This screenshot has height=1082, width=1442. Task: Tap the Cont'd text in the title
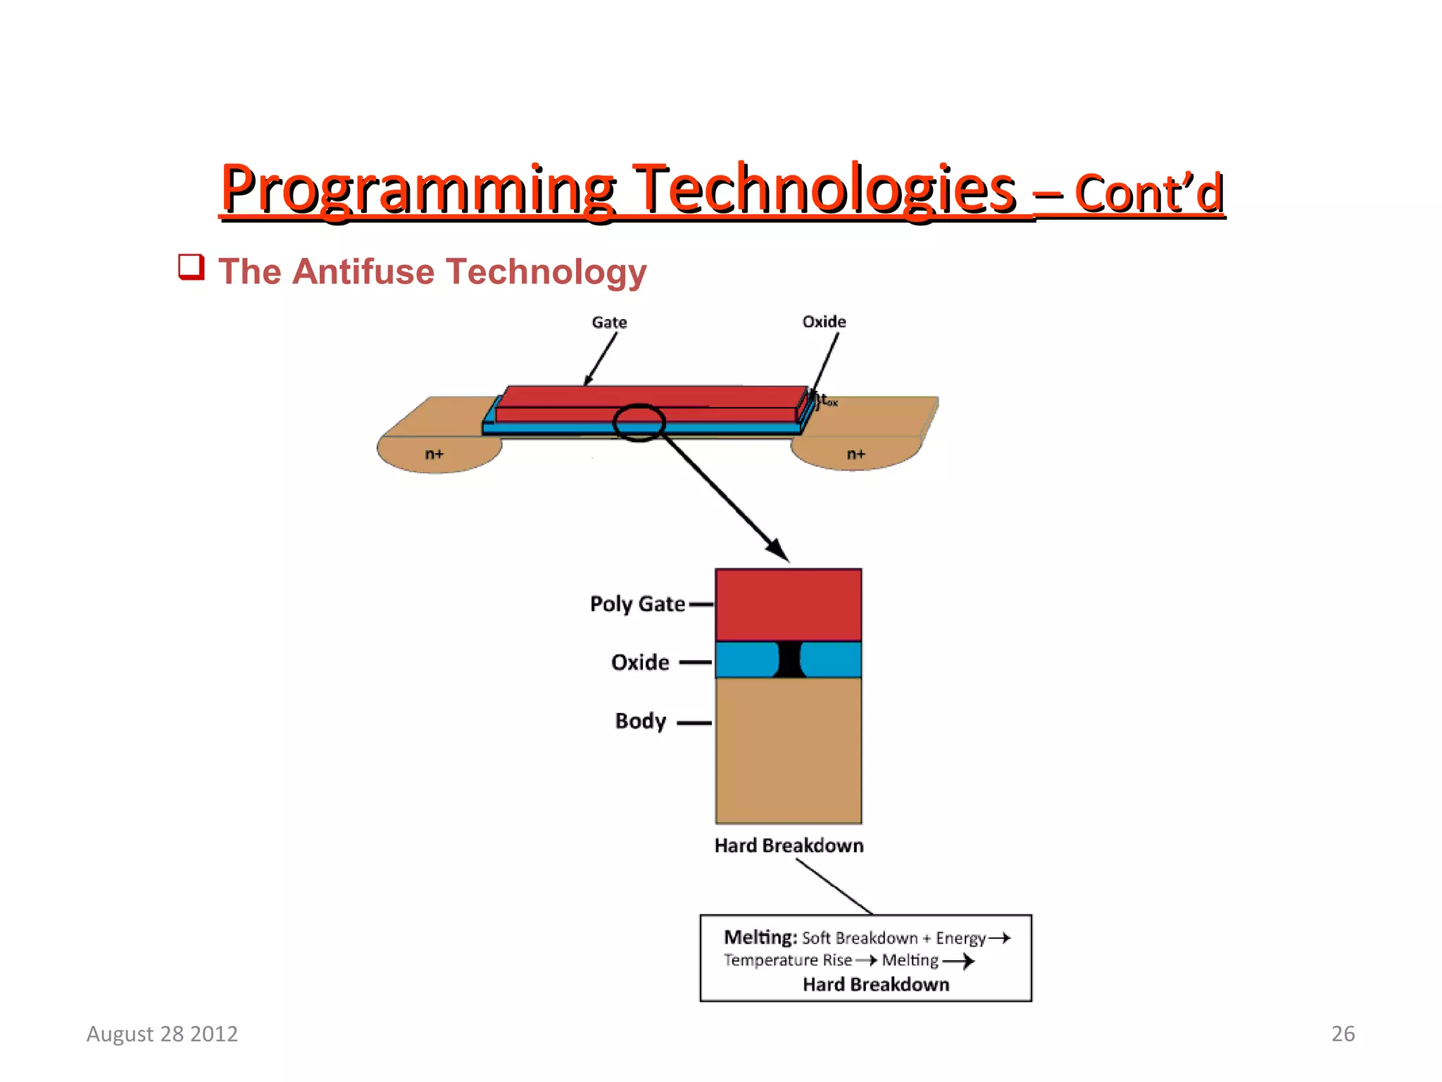tap(1149, 194)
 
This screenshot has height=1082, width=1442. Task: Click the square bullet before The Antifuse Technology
tap(191, 268)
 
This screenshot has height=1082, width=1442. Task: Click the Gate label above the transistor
tap(609, 323)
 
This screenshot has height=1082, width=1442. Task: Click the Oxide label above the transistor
tap(824, 322)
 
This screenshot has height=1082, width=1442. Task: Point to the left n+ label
tap(434, 454)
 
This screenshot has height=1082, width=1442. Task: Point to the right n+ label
tap(855, 454)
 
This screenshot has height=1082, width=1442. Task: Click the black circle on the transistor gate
tap(639, 423)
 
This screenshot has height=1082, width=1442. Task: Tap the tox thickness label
tap(827, 400)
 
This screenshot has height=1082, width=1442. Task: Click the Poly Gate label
tap(637, 604)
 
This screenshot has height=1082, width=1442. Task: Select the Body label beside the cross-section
tap(640, 721)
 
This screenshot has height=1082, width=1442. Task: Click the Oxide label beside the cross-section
tap(640, 662)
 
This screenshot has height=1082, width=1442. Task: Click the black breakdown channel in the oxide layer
tap(789, 660)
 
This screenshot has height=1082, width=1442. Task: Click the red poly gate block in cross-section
tap(788, 604)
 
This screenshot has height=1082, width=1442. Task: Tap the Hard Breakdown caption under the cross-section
tap(789, 845)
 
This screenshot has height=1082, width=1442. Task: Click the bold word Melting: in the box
tap(760, 938)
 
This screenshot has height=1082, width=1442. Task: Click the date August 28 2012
tap(162, 1033)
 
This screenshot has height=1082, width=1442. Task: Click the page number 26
tap(1343, 1033)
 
